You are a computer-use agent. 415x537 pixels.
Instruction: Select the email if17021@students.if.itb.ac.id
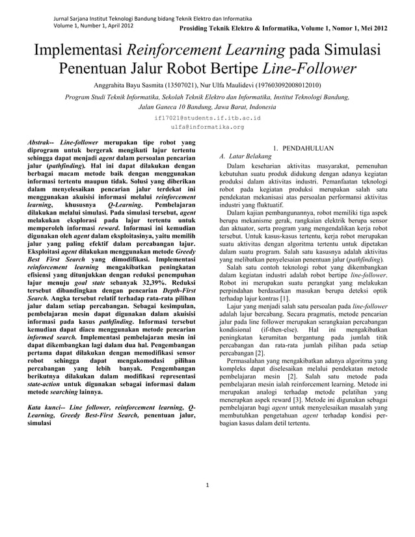(207, 118)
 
